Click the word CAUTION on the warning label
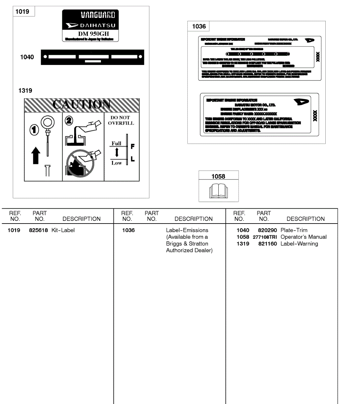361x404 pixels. (82, 104)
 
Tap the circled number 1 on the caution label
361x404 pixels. (34, 130)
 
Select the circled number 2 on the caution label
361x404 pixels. (69, 121)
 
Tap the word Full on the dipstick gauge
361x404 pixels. (116, 143)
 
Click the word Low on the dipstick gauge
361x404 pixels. (116, 163)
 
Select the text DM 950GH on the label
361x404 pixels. (94, 34)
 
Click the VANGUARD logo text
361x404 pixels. (98, 15)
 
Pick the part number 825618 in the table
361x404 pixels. (38, 230)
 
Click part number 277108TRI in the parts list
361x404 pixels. (265, 237)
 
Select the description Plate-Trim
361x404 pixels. (294, 230)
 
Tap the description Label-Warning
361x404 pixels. (299, 244)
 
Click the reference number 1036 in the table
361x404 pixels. (129, 230)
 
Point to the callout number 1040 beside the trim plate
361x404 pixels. (27, 57)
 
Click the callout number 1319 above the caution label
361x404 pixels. (25, 91)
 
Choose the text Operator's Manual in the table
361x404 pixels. (303, 237)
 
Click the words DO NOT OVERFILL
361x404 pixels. (121, 121)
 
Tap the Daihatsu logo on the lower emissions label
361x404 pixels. (301, 102)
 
